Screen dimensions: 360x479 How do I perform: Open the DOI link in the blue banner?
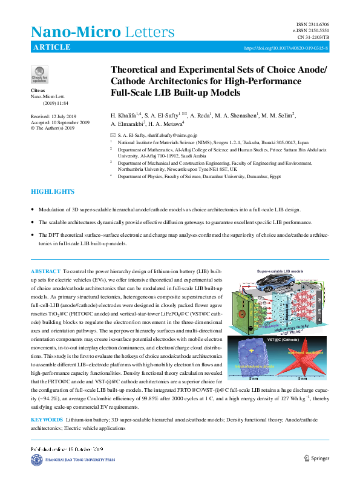[286, 48]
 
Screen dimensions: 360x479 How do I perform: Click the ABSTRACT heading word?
[46, 271]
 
